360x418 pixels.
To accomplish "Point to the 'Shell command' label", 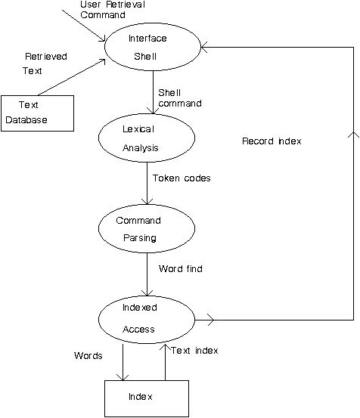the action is coord(180,98).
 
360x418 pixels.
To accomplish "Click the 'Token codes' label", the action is coord(182,178).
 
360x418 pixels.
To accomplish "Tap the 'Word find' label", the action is coord(181,269).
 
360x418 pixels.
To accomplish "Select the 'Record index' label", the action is coord(272,141).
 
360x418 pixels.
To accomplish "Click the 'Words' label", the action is coord(88,355).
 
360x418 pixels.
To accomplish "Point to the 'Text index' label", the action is coord(194,350).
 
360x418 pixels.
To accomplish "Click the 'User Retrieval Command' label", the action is coord(113,10).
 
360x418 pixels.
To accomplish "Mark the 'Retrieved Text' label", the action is coord(45,63).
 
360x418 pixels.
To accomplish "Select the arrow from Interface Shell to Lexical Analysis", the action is coord(153,92).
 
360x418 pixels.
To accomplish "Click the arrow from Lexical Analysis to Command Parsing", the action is coord(147,184).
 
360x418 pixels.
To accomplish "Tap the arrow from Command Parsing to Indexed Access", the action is coord(147,274).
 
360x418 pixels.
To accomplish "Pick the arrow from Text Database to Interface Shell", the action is coord(72,77).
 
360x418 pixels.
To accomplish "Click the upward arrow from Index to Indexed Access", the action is coord(165,362).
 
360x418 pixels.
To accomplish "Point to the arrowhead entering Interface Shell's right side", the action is coord(203,47).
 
